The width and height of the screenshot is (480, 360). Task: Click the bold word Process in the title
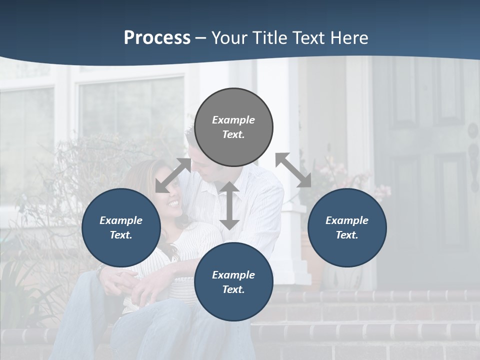[157, 38]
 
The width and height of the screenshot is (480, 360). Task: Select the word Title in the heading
[269, 38]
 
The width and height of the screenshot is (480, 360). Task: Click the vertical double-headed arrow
[229, 205]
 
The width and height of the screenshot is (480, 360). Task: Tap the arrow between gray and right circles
[293, 170]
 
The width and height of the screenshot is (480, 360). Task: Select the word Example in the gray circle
[233, 120]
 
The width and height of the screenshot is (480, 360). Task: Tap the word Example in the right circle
[347, 220]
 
